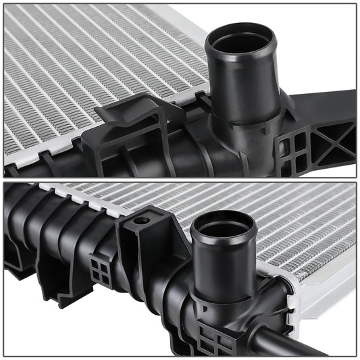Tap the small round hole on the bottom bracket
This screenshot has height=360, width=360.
click(x=141, y=220)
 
